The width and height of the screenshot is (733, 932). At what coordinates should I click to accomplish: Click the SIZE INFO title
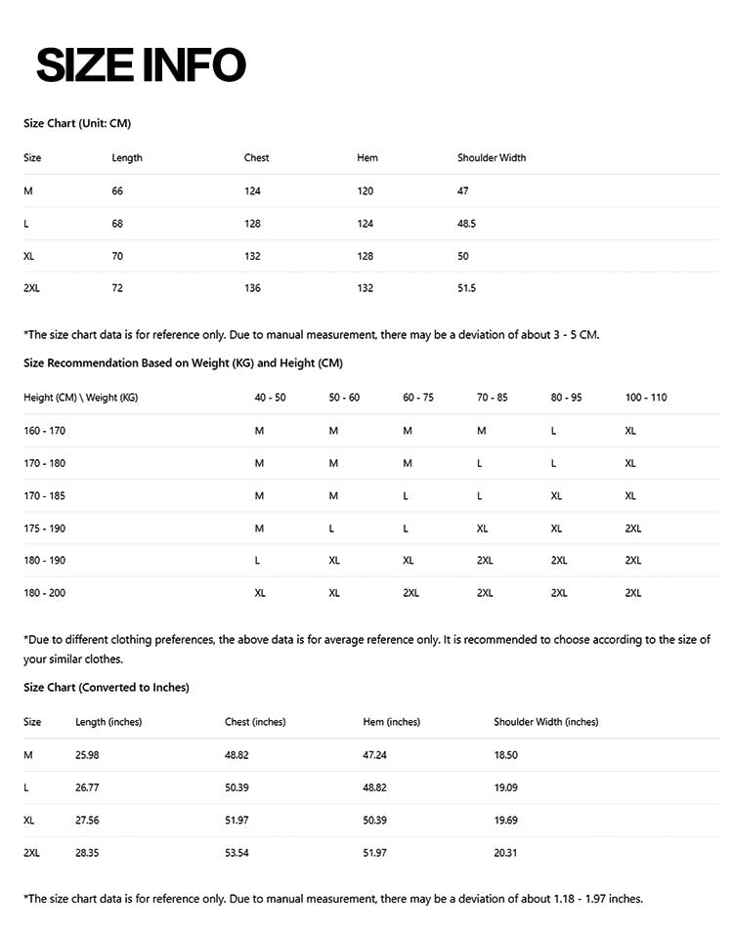(141, 64)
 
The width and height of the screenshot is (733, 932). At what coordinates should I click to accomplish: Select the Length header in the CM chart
(127, 157)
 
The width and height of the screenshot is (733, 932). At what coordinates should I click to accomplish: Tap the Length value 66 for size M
(117, 191)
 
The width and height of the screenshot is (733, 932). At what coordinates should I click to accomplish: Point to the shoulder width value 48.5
(466, 224)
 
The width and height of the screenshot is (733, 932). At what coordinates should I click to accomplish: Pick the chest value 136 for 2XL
(252, 288)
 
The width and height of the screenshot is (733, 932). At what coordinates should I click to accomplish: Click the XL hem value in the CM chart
(366, 256)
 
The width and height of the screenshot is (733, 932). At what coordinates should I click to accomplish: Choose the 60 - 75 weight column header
(418, 398)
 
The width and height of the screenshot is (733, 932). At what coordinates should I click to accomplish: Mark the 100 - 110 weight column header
(646, 398)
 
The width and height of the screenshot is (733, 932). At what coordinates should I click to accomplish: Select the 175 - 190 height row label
(45, 528)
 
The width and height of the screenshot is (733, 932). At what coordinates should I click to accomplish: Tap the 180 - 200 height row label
(45, 593)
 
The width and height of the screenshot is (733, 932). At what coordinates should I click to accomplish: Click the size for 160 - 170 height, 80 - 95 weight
(554, 431)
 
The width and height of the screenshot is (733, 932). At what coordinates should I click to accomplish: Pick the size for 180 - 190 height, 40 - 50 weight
(257, 561)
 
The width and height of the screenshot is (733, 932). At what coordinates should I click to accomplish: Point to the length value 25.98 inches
(87, 755)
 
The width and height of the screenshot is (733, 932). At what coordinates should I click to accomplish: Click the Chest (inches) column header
(255, 722)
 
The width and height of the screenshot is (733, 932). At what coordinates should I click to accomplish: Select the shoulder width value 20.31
(505, 853)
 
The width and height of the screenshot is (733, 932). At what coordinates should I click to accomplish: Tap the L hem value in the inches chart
(374, 787)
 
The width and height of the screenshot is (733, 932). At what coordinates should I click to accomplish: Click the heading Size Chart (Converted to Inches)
(107, 688)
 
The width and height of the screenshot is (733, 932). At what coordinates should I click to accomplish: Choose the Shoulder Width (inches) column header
(546, 722)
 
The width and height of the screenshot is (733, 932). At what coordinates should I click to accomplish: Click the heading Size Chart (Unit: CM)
(77, 123)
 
